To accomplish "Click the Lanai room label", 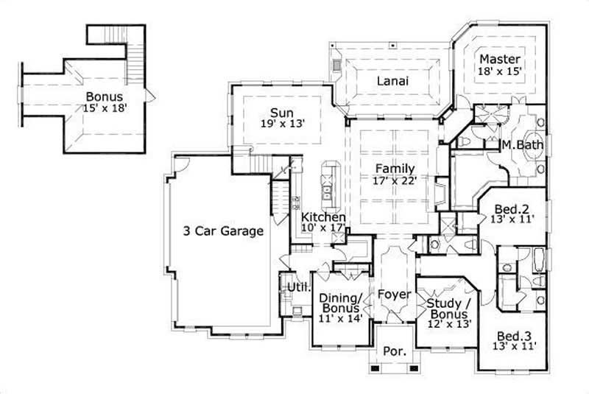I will click(394, 80).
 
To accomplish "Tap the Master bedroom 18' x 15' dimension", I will click(500, 71).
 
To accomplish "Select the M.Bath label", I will click(523, 145).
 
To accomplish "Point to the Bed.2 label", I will click(509, 207).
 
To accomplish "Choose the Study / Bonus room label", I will click(449, 303).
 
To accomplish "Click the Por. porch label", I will click(395, 352).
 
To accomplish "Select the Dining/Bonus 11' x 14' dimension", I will click(340, 320).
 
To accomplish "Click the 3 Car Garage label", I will click(223, 231).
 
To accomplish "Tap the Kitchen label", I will click(323, 218).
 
